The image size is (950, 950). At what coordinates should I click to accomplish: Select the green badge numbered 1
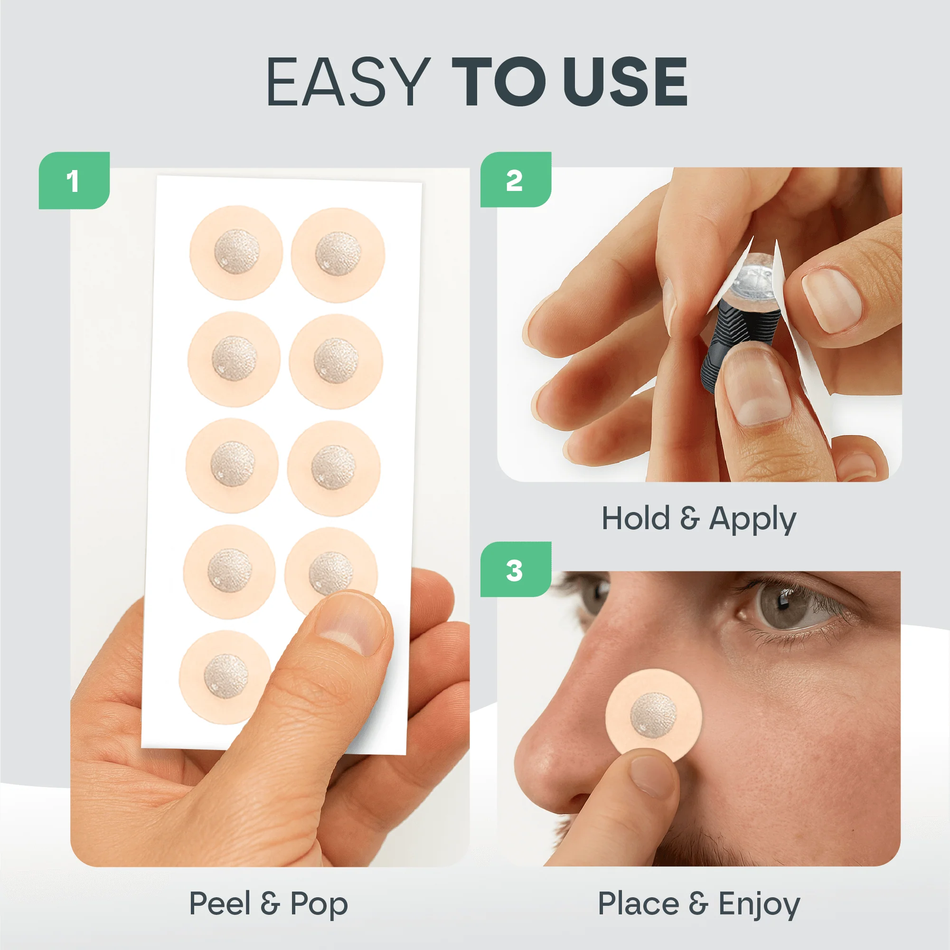(74, 180)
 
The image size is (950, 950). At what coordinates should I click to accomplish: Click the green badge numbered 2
(515, 180)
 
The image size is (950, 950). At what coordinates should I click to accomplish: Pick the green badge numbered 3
(515, 570)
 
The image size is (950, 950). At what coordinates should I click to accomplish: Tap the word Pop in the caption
(319, 904)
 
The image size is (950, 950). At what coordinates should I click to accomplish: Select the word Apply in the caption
(752, 519)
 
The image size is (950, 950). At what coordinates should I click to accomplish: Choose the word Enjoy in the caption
(759, 904)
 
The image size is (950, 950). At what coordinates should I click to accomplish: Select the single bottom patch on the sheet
(225, 677)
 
